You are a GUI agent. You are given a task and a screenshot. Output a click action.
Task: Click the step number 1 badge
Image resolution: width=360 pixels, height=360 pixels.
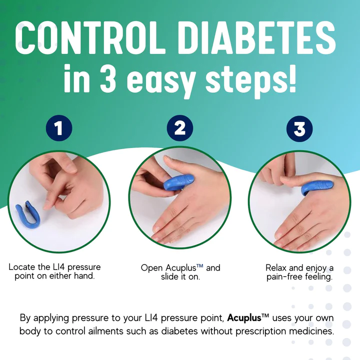tap(59, 128)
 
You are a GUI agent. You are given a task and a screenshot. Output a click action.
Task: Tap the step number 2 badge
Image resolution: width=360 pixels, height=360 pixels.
tap(179, 128)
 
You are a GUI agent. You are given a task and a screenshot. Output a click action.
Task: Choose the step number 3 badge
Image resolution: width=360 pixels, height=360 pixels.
tap(299, 128)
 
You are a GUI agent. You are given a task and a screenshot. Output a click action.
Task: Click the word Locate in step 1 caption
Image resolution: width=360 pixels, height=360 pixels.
tap(22, 267)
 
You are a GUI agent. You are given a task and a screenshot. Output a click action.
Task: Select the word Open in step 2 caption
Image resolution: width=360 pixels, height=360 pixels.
tap(151, 268)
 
